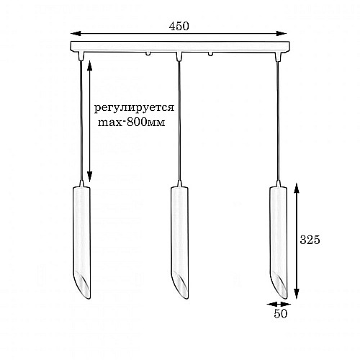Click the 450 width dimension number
click(179, 26)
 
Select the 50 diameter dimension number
click(279, 314)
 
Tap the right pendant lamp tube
click(277, 230)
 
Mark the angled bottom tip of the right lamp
click(279, 288)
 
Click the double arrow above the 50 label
click(277, 303)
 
